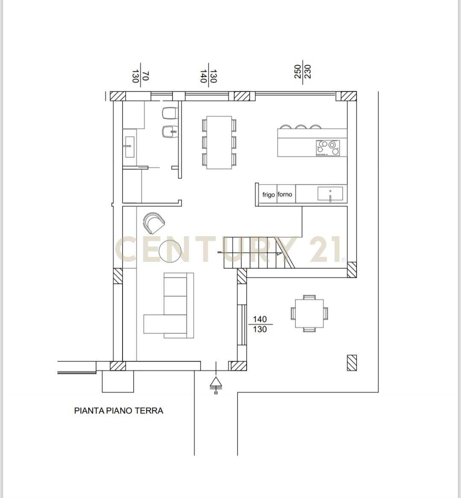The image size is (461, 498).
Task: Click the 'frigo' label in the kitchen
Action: coord(268,195)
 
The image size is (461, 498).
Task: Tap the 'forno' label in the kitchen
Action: coord(285,194)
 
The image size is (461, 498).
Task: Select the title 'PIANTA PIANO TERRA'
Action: coord(119,411)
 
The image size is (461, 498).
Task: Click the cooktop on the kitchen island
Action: coord(328,148)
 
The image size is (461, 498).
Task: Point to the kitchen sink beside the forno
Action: coord(330,194)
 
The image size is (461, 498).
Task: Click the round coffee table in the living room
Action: coord(170,251)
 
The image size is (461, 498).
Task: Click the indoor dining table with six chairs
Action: coord(219,142)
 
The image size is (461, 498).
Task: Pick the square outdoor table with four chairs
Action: coord(309,313)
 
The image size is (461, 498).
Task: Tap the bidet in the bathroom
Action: coord(169,131)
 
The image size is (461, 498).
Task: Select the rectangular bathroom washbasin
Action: coord(129,147)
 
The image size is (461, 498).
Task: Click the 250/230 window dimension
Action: coord(303,72)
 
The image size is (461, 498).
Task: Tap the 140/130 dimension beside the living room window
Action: coord(260,324)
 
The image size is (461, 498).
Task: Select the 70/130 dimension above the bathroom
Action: coord(140,76)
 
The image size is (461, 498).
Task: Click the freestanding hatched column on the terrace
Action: coord(351,362)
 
